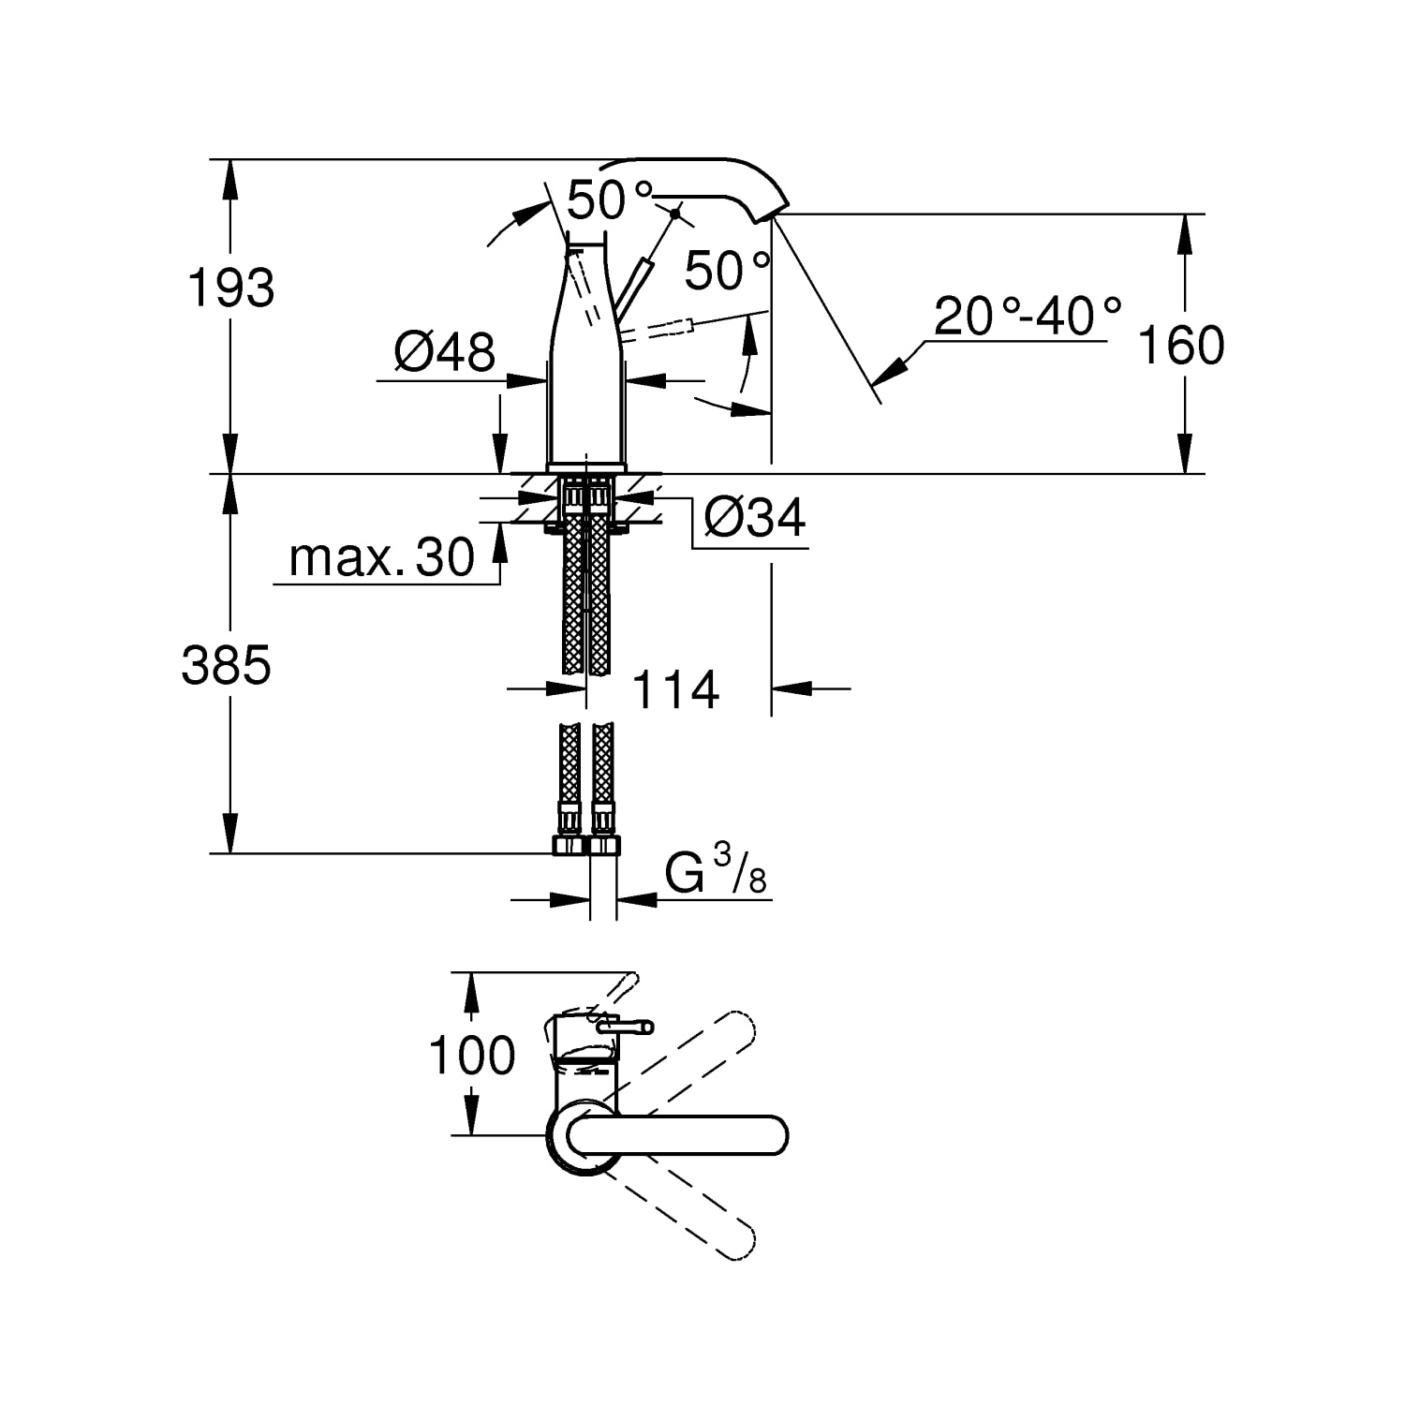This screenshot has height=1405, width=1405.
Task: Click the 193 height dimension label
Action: [x=231, y=288]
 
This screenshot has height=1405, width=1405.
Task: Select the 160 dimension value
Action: [x=1180, y=345]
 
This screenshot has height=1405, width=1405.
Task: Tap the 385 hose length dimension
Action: [x=227, y=666]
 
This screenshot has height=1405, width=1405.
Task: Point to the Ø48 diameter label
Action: [x=445, y=352]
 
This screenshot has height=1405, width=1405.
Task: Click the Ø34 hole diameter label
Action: [x=754, y=517]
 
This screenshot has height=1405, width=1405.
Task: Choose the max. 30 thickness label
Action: [x=382, y=558]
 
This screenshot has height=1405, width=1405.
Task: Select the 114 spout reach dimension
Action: [x=675, y=690]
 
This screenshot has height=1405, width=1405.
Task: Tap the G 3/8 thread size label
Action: [x=716, y=874]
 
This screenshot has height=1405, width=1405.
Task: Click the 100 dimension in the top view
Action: [x=472, y=1056]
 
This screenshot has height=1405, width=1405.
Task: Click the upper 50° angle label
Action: [x=610, y=200]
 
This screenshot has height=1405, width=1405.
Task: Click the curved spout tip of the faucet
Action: [x=774, y=204]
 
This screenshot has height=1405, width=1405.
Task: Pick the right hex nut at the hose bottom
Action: [x=603, y=845]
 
